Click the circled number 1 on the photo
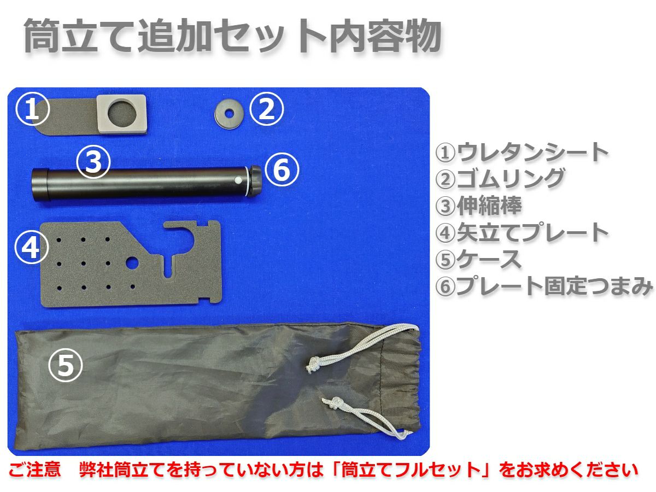(x=32, y=109)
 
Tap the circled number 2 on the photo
(x=266, y=109)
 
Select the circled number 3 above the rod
(x=94, y=161)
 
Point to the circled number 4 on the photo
(x=31, y=247)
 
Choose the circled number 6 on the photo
(x=282, y=169)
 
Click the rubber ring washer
(x=229, y=114)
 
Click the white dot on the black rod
(x=238, y=181)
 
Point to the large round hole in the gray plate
(x=133, y=262)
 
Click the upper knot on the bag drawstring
(x=313, y=364)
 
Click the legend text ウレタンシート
(x=533, y=153)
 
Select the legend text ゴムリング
(x=511, y=179)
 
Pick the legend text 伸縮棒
(x=489, y=206)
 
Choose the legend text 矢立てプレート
(x=533, y=232)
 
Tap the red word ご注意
(x=35, y=469)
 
